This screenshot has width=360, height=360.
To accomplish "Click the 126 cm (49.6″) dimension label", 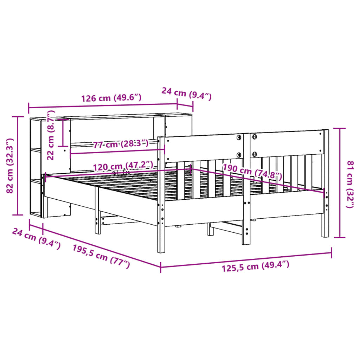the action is (x=111, y=98).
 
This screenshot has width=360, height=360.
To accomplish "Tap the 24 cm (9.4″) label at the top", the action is (x=186, y=94).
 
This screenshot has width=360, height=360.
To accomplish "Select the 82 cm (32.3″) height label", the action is (x=10, y=166).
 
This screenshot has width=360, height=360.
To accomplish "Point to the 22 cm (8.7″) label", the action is (x=51, y=135).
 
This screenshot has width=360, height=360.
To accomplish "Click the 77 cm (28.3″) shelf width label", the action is (x=121, y=144).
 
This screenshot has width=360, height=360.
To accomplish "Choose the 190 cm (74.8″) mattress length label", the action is (x=252, y=172).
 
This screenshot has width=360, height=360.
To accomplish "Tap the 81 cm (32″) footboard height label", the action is (x=351, y=184).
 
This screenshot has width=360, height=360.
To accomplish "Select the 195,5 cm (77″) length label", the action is (x=101, y=256).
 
